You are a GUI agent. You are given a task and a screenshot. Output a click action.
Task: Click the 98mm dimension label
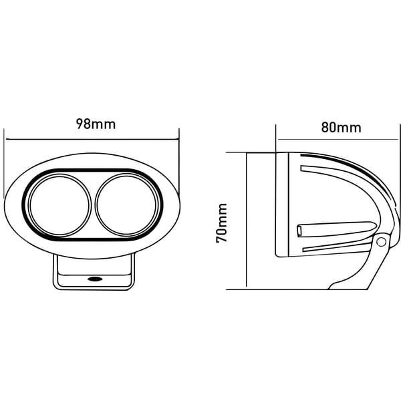click(x=96, y=124)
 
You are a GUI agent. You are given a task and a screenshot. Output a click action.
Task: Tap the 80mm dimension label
click(x=341, y=128)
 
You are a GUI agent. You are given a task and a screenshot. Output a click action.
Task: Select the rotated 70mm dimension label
click(x=221, y=223)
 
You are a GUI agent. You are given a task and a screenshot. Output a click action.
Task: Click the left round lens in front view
click(x=59, y=205)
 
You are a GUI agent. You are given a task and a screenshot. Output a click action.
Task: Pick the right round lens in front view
click(x=126, y=205)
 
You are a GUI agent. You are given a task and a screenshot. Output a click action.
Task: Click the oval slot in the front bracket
click(x=95, y=279)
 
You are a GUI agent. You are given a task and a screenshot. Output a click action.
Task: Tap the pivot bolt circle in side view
click(x=382, y=242)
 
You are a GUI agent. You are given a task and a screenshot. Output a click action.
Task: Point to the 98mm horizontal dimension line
click(x=92, y=140)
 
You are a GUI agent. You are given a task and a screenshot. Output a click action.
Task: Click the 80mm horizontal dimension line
click(x=338, y=140)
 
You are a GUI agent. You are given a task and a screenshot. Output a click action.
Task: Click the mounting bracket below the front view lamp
click(x=94, y=273)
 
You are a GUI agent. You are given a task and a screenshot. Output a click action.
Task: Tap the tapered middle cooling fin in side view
click(x=336, y=229)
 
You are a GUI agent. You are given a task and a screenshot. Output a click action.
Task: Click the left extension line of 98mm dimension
click(x=4, y=163)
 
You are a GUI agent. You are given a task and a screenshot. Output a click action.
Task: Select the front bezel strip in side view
click(x=282, y=205)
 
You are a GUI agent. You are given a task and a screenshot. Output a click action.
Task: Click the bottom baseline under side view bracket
click(x=297, y=290)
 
